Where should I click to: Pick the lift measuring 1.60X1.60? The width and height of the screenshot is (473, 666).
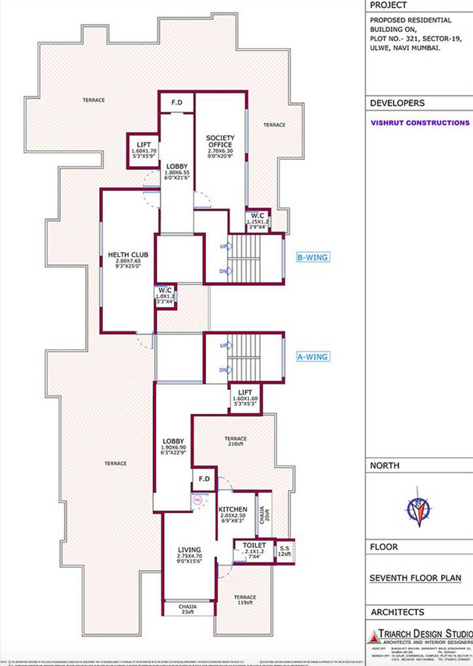[244, 399]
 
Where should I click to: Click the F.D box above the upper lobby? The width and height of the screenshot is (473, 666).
[176, 102]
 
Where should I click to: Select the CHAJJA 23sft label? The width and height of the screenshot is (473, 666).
[187, 609]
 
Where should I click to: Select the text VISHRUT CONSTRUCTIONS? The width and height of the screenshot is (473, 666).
[419, 123]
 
